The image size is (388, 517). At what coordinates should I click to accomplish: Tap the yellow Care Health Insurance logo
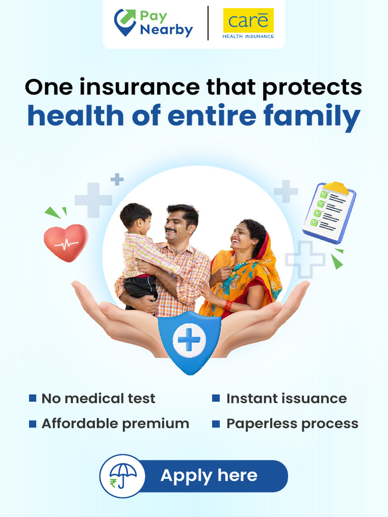pos(248,24)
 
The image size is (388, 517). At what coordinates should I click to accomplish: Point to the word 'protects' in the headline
pos(312,87)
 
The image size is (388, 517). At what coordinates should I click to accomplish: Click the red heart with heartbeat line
pos(66,242)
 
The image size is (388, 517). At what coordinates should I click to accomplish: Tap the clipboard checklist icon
pos(329,210)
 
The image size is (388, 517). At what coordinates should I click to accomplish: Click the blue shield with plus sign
pos(189,341)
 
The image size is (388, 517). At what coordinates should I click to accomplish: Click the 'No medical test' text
pos(99,398)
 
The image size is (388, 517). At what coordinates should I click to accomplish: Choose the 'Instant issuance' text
pos(286,398)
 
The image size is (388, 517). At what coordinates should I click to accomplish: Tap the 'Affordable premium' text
pos(115,424)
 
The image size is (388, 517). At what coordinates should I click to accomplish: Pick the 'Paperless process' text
pos(292,424)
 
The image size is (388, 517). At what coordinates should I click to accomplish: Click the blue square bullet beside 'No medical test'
pos(33,398)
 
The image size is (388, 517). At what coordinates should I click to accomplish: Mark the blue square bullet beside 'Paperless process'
pos(216,424)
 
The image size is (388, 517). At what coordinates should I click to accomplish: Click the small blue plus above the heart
pos(117,179)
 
